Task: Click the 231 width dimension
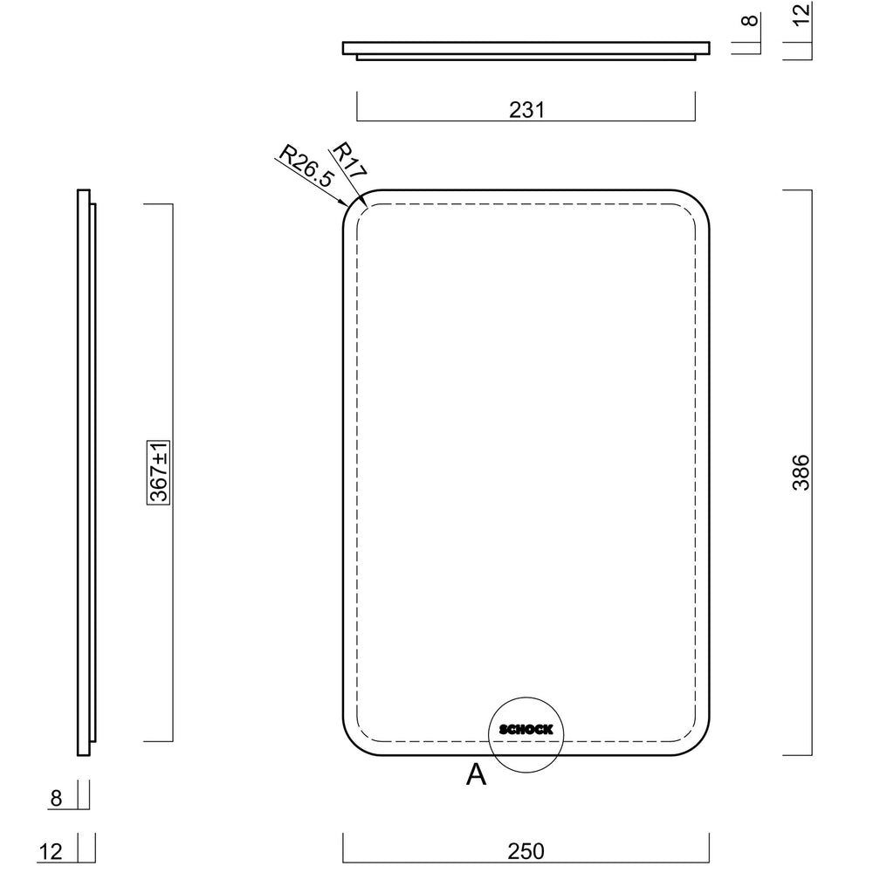[526, 110]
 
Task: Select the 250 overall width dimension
[526, 850]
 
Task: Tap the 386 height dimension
[801, 472]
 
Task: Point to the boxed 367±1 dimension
[159, 472]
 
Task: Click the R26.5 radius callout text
[306, 166]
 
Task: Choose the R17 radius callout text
[349, 160]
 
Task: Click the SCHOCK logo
[526, 729]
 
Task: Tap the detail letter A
[476, 773]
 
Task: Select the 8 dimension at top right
[750, 21]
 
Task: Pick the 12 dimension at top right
[801, 14]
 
